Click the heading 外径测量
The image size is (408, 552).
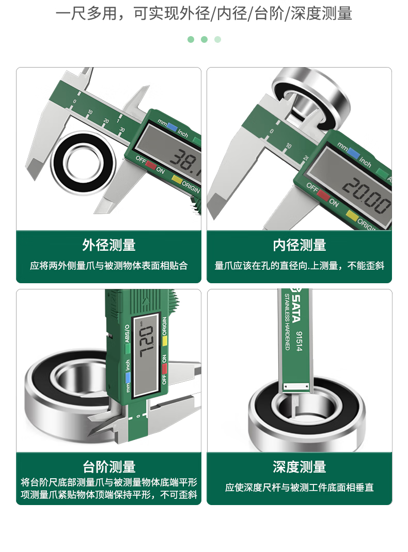pyautogui.click(x=108, y=245)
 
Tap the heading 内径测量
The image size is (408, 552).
pyautogui.click(x=300, y=245)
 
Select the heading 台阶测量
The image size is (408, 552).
pyautogui.click(x=108, y=467)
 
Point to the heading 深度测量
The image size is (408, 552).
pyautogui.click(x=300, y=467)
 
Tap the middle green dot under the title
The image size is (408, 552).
pyautogui.click(x=204, y=39)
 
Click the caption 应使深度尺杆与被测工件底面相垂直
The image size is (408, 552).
pyautogui.click(x=300, y=488)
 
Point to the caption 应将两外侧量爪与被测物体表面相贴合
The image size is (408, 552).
pyautogui.click(x=108, y=266)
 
